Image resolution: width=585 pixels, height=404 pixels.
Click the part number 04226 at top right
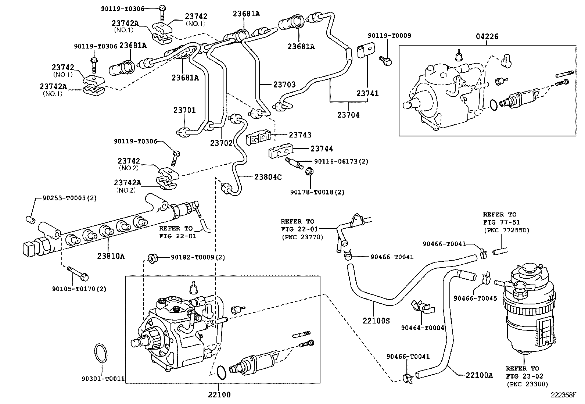[x=487, y=36]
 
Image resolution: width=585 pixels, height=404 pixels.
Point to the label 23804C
[x=268, y=177]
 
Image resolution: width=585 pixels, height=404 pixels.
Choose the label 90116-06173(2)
[x=341, y=161]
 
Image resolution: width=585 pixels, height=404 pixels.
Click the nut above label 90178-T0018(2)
[x=309, y=171]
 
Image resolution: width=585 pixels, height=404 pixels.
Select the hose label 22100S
[x=376, y=321]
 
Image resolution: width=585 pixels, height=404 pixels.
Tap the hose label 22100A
[x=479, y=375]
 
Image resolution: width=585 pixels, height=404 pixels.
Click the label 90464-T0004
[x=423, y=328]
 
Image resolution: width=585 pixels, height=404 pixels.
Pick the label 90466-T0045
[x=475, y=298]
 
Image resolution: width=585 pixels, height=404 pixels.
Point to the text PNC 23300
[x=527, y=384]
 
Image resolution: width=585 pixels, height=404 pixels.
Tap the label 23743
[x=300, y=135]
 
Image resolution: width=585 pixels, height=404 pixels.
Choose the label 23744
[x=322, y=149]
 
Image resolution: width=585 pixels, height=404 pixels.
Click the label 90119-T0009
[x=390, y=36]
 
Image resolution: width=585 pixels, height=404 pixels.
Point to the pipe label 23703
[x=284, y=85]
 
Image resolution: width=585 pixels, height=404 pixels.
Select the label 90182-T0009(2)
[x=198, y=257]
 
